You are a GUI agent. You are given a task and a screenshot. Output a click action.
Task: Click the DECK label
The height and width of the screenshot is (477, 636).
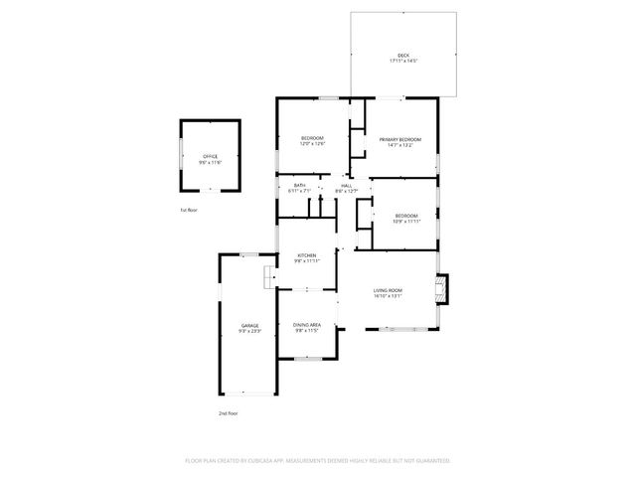[x=403, y=55]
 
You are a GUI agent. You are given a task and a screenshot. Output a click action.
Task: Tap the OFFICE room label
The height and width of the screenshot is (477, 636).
[x=210, y=156]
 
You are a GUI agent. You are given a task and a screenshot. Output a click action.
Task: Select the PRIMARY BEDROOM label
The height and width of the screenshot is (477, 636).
[x=400, y=139]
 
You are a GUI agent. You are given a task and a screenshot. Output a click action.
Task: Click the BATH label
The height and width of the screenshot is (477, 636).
[x=299, y=185]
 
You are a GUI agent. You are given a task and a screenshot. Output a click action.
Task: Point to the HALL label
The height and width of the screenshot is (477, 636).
[x=347, y=185]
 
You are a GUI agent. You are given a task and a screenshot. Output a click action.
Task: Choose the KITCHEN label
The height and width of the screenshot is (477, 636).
[x=307, y=255]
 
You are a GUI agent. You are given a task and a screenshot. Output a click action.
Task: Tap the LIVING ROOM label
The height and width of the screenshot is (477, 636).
[x=388, y=290]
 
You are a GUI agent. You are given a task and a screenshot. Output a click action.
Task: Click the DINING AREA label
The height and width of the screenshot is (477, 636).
[x=307, y=325]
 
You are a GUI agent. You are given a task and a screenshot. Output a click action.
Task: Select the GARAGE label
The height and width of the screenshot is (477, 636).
[x=249, y=325]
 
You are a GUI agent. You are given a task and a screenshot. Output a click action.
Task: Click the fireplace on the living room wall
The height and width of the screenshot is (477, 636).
[x=441, y=288]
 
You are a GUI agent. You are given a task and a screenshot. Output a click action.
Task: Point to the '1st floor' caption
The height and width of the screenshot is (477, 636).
[x=189, y=211]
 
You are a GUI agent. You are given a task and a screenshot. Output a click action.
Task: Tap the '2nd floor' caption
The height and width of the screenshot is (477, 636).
[x=229, y=412]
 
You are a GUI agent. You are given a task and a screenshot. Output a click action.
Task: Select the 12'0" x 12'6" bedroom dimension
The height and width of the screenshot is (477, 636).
[x=313, y=144]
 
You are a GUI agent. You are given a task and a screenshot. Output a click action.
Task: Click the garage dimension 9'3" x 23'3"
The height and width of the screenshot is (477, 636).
[x=249, y=331]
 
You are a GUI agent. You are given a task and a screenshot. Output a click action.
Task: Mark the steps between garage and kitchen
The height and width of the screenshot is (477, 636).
[x=268, y=277]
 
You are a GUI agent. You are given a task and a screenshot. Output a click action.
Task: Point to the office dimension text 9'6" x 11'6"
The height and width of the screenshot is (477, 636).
[x=210, y=162]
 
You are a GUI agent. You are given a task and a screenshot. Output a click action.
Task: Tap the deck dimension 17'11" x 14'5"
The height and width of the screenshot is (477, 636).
[x=403, y=61]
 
